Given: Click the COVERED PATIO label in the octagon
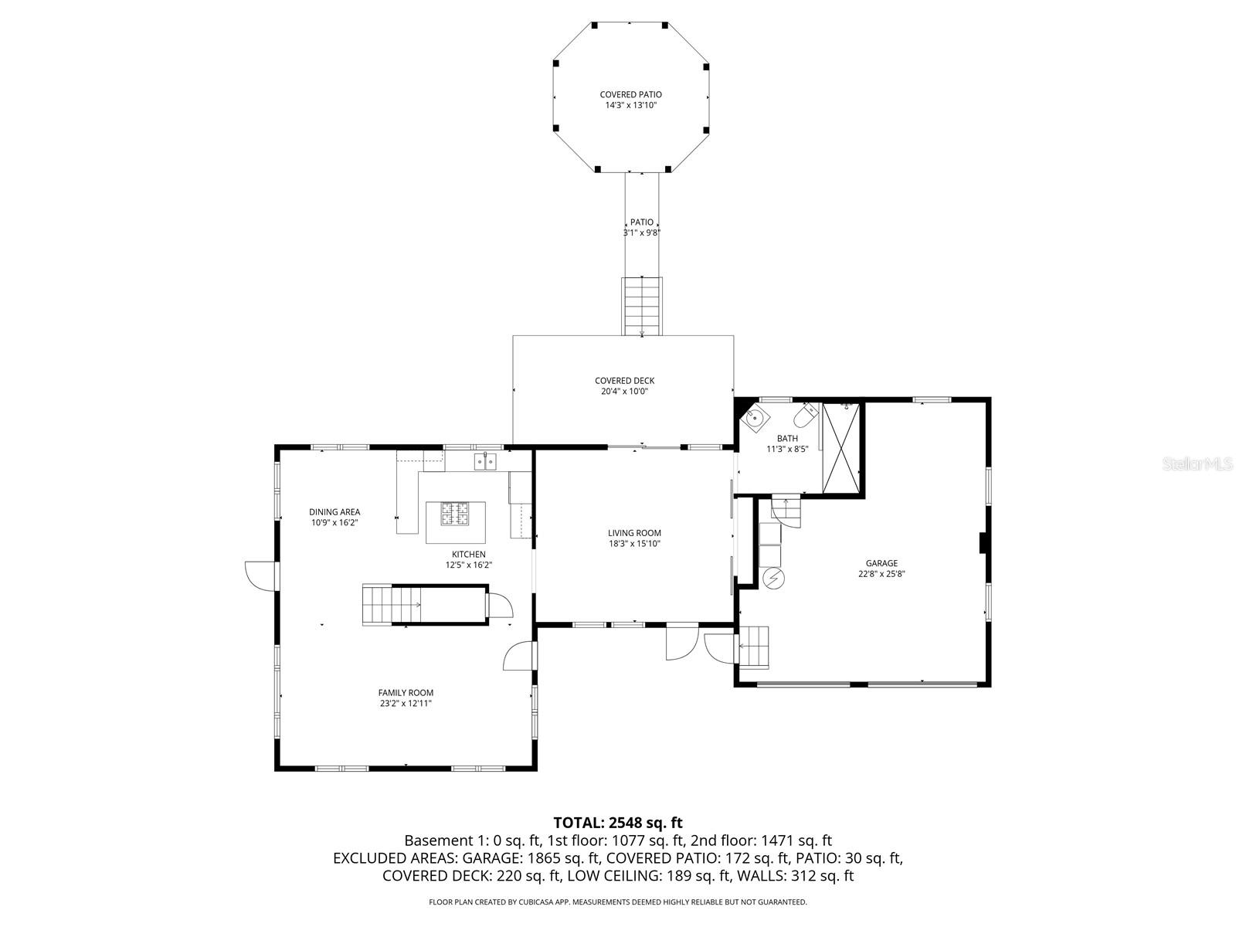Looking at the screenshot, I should click(630, 94).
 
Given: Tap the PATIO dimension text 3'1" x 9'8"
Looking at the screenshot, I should click(641, 233).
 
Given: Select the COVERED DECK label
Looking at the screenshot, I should click(624, 380).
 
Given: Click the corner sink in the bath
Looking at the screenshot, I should click(753, 419).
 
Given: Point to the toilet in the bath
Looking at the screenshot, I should click(806, 417).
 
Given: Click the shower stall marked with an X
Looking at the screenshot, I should click(841, 447).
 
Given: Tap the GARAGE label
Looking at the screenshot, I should click(881, 563).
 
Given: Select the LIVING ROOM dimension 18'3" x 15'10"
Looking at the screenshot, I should click(633, 544).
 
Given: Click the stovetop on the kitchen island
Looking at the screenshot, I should click(456, 514).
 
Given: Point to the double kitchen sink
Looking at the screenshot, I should click(484, 461).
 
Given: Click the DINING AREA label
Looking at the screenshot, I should click(334, 511).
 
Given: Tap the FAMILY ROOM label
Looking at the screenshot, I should click(406, 693).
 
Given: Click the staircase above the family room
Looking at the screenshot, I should click(392, 604).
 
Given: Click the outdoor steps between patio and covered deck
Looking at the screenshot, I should click(642, 305).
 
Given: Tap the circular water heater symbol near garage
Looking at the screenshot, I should click(773, 577).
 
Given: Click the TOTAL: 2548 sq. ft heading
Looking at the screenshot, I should click(618, 823).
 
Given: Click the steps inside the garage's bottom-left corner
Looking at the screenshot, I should click(755, 647).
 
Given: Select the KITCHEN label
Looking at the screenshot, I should click(468, 554).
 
